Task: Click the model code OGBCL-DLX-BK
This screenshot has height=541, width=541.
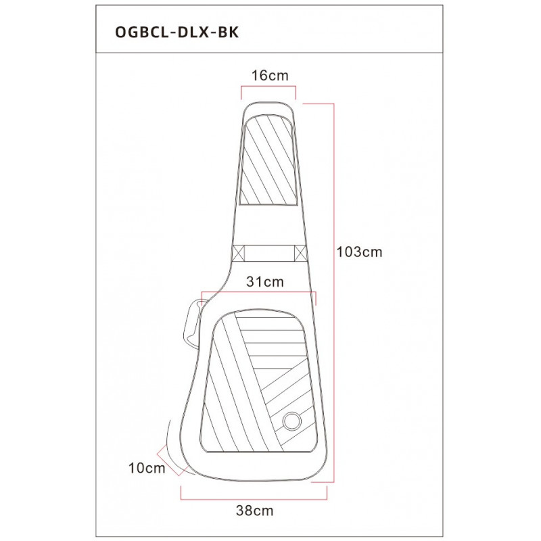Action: coord(177,32)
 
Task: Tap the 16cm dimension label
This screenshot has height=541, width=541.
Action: coord(270,75)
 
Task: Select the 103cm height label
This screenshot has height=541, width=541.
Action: coord(360,252)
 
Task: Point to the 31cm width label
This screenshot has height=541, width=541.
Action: coord(265,282)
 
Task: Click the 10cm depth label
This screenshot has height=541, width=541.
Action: coord(147,468)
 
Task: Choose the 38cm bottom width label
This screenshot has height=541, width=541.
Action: coord(255,511)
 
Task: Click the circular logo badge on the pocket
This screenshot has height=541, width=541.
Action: coord(292,421)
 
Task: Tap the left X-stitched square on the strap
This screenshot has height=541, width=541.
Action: coord(239,254)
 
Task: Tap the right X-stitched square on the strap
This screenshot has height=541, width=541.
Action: coord(300,254)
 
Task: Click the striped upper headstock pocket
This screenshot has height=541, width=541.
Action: coord(268,160)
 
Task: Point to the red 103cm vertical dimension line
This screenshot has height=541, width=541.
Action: coord(334,293)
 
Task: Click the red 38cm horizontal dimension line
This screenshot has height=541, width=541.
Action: coord(254,499)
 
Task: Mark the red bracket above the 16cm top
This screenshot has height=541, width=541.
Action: coord(268,87)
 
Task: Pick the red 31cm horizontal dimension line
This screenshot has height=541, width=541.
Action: coord(259,292)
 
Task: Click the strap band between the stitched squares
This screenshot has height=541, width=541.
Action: coord(269,254)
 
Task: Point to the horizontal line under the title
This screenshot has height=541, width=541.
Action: coord(269,53)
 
